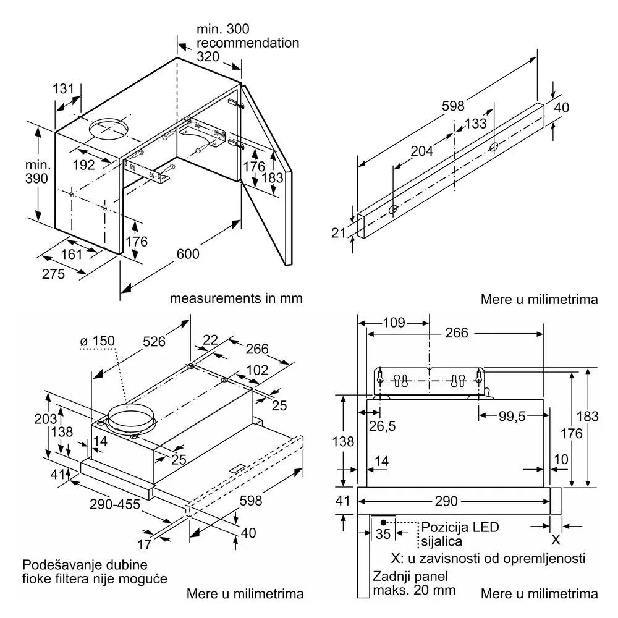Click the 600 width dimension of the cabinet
pos(188,254)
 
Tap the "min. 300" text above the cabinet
pos(222,29)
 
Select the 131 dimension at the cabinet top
pos(63,88)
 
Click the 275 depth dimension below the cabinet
pos(53,274)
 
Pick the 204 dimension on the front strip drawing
pos(421,151)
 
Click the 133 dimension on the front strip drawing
pos(475,124)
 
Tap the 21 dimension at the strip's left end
pos(338,233)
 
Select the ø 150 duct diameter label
pos(98,341)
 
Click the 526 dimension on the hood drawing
pos(154,341)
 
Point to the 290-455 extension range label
pos(115,504)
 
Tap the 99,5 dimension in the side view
pos(512,416)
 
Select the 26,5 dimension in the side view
pos(383,426)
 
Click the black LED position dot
pos(384,523)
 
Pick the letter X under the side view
pos(556,540)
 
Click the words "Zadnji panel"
pos(410,576)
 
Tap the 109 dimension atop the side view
pos(394,323)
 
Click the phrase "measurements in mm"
pos(236,298)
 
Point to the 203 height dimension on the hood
pos(45,418)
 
